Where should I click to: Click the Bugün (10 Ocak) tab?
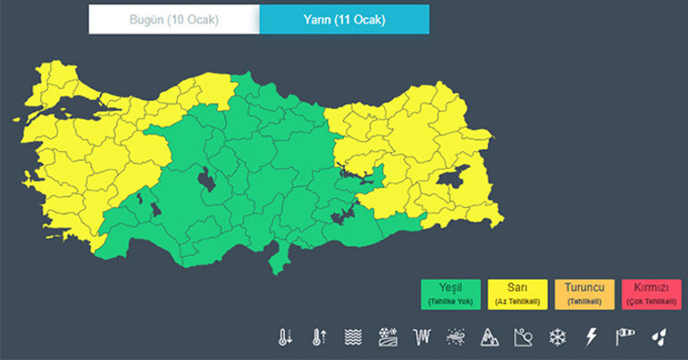(x=173, y=19)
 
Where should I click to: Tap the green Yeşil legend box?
(x=451, y=294)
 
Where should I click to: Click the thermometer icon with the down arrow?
(x=284, y=337)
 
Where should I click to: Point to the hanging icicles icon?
(x=422, y=337)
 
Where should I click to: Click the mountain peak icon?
(x=489, y=337)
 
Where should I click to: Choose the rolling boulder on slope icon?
(x=523, y=337)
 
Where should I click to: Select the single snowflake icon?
(x=557, y=337)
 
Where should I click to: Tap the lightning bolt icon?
(x=590, y=337)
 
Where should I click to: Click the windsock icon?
(x=624, y=337)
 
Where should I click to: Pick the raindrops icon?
(x=658, y=337)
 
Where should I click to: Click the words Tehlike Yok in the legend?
(x=451, y=302)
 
